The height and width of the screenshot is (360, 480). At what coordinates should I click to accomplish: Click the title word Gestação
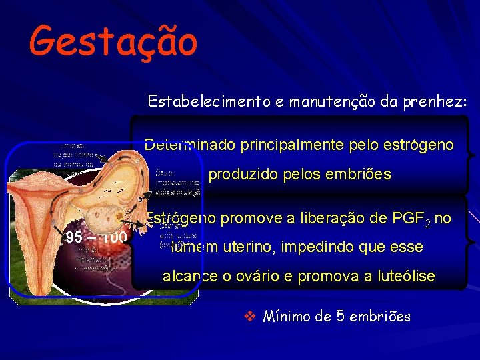coord(113,40)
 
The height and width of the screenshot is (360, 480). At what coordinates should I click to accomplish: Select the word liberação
coord(331,217)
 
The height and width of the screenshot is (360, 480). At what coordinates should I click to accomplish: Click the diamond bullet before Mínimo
coord(250,316)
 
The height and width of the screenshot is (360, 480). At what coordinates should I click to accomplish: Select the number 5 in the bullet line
coord(342,316)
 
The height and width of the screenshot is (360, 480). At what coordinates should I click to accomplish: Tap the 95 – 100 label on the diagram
coord(96,237)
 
